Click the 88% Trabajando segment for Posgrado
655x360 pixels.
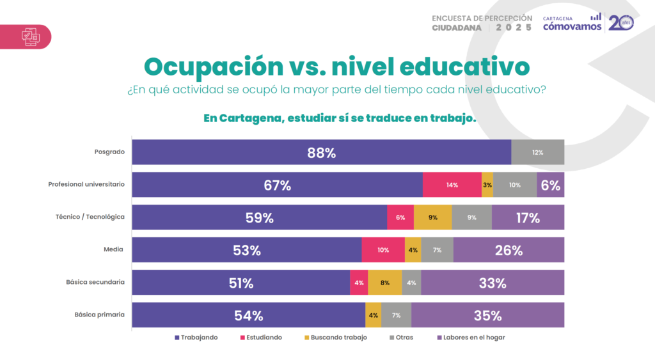click(321, 153)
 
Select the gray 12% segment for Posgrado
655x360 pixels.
click(537, 153)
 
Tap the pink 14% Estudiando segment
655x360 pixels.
click(452, 185)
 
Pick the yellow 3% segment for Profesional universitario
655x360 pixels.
click(487, 185)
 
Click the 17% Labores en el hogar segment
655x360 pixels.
click(528, 218)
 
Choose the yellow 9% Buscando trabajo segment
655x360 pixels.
click(432, 218)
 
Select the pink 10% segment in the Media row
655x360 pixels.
click(383, 251)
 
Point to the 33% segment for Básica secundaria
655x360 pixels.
click(492, 283)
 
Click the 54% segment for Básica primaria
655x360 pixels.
click(248, 316)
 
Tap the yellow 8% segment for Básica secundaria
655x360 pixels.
click(384, 283)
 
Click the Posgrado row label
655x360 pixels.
click(109, 152)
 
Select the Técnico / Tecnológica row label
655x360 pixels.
click(90, 217)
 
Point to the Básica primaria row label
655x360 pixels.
click(99, 315)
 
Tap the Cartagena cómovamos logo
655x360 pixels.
click(572, 23)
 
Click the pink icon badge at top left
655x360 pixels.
click(29, 36)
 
